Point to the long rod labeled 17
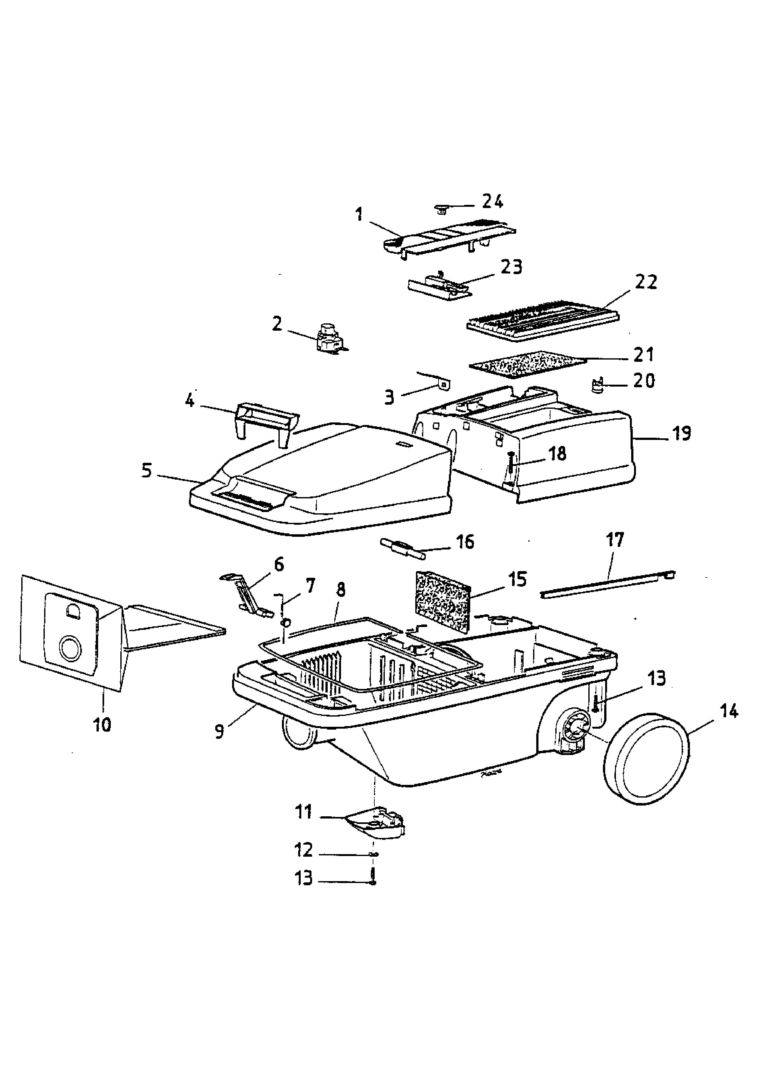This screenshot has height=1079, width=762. [608, 584]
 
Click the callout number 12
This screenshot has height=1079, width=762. [304, 850]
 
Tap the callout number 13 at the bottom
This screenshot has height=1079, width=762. [304, 878]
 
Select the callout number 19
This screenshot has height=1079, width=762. [682, 433]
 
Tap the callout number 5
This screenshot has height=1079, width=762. [147, 470]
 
